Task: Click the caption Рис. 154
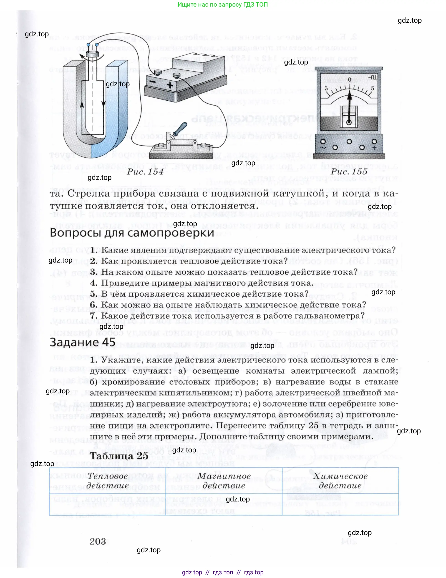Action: [x=145, y=172]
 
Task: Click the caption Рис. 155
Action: [x=349, y=172]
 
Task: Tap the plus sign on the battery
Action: [x=170, y=85]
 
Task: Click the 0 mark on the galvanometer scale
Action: [x=350, y=80]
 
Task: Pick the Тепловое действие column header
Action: [x=107, y=481]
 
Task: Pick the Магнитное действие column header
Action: [x=224, y=481]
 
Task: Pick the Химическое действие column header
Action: [x=340, y=481]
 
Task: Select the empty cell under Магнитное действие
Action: [x=224, y=504]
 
